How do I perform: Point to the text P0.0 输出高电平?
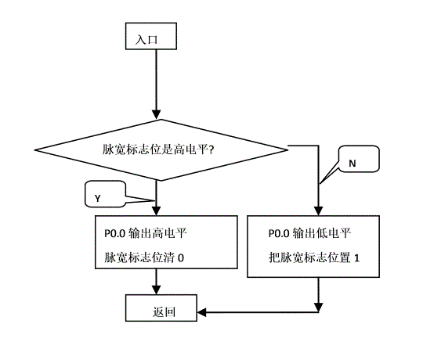146,233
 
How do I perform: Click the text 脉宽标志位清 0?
144,257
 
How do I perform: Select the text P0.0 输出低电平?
309,233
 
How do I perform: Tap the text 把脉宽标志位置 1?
314,257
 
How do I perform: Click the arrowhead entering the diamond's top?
156,114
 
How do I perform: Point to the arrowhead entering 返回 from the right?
202,312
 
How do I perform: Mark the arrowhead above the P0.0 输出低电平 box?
319,211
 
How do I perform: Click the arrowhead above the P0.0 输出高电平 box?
156,211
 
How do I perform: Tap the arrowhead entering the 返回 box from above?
156,290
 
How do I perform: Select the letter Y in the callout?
97,199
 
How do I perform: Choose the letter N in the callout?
352,164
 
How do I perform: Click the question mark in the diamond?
211,149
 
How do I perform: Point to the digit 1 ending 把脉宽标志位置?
356,258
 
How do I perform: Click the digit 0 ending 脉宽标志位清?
181,258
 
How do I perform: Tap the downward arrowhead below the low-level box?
319,308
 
